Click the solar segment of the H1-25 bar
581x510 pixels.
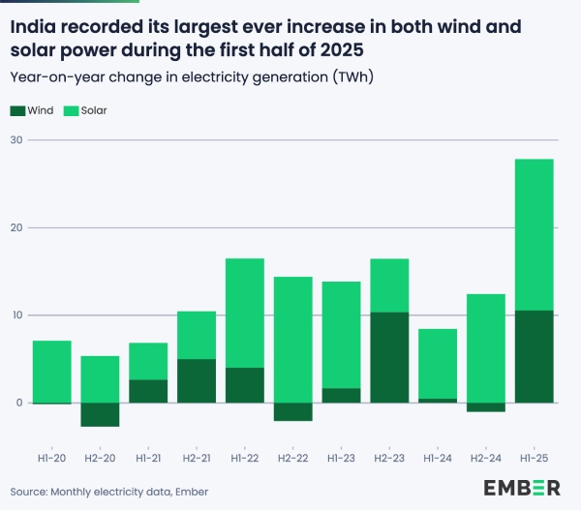tap(534, 234)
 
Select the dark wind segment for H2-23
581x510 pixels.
tap(389, 357)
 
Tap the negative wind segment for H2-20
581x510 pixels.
tap(100, 414)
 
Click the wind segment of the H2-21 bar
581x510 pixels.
tap(197, 380)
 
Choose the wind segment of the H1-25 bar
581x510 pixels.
tap(534, 356)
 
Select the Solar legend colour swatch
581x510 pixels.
tap(71, 111)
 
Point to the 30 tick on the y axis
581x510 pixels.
tap(17, 140)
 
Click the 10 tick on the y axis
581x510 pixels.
tap(17, 315)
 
